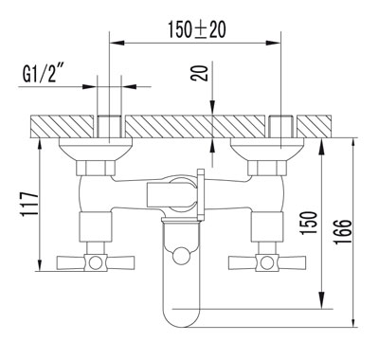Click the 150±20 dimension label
(x=196, y=29)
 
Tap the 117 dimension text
(x=29, y=204)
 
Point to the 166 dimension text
(x=343, y=231)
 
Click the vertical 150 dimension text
(x=308, y=223)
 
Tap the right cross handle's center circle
(x=267, y=262)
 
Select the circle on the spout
(x=181, y=256)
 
